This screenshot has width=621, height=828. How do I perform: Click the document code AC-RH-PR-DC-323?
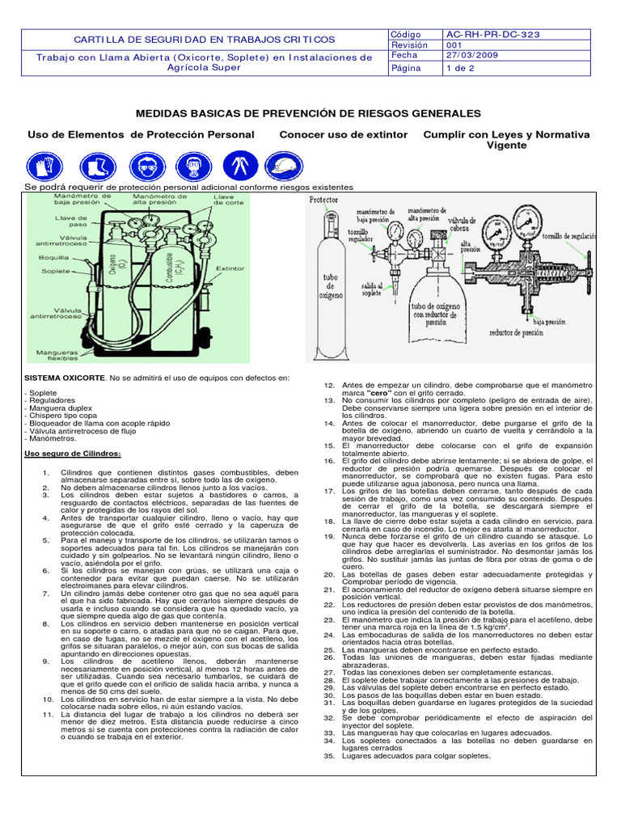[x=492, y=35]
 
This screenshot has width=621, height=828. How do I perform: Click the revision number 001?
[x=455, y=45]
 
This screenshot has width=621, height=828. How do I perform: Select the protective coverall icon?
[x=236, y=167]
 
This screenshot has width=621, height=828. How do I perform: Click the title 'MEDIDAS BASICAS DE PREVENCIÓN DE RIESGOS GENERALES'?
[x=308, y=113]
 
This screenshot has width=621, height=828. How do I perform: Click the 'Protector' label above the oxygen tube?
[x=323, y=199]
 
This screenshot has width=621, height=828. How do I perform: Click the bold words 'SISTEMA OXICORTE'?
[x=65, y=378]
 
